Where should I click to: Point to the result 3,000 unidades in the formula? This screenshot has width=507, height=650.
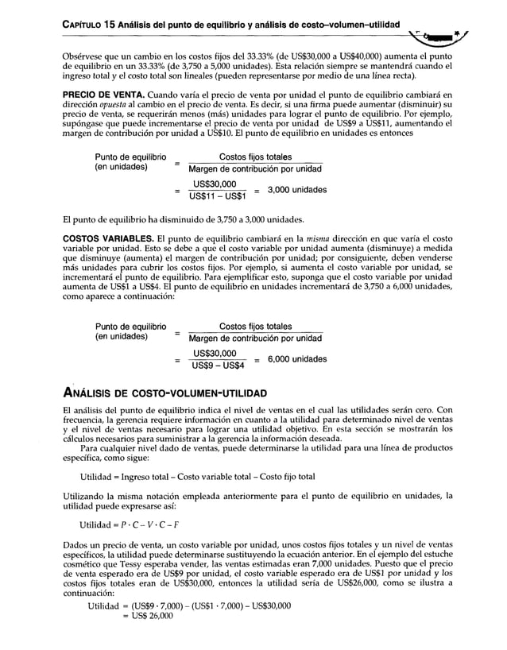tap(296, 190)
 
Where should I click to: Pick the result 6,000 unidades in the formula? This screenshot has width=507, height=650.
tap(296, 359)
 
